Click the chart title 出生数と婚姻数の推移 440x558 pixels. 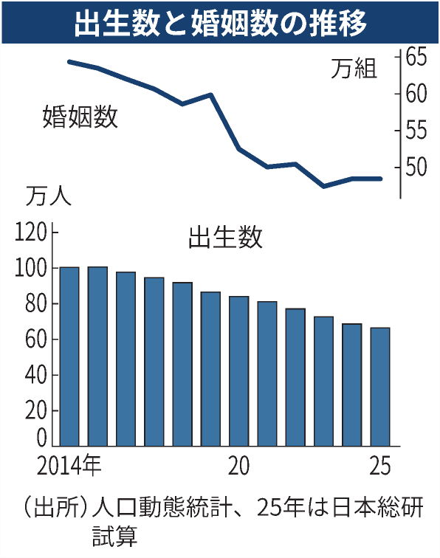click(220, 24)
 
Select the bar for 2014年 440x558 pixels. click(69, 357)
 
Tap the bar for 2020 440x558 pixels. click(238, 372)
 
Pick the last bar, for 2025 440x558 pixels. click(379, 387)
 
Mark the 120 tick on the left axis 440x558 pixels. click(30, 234)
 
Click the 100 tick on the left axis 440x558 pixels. click(30, 269)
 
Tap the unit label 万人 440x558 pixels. click(48, 197)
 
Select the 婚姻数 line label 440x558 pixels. click(80, 117)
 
